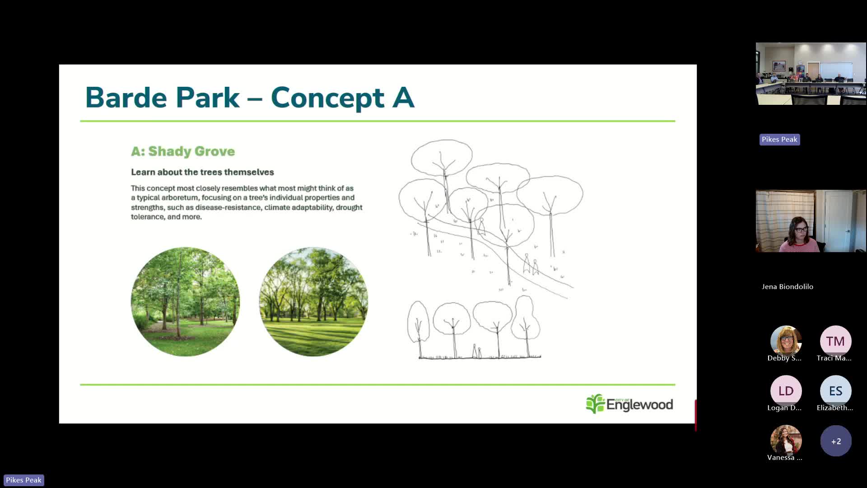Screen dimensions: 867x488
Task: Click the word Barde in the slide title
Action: point(126,98)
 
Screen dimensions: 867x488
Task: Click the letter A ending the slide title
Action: point(403,98)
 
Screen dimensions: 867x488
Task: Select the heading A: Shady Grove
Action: point(183,151)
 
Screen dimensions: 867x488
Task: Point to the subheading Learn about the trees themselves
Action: point(202,172)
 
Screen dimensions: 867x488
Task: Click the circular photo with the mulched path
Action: point(185,301)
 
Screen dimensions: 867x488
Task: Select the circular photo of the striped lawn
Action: point(313,301)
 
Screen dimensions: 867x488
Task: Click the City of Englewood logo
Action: point(629,404)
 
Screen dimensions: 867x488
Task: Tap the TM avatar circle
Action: point(835,341)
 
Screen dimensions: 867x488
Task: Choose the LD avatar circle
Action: point(786,391)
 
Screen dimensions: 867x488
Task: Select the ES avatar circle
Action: point(835,391)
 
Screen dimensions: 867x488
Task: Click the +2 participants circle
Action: point(836,441)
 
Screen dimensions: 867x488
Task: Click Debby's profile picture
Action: point(786,341)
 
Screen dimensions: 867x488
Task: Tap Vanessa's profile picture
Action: point(786,441)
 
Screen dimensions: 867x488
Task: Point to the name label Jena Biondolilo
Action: point(788,286)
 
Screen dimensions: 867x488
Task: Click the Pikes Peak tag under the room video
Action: point(779,140)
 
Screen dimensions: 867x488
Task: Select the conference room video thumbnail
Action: point(811,74)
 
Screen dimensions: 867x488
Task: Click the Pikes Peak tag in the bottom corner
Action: point(23,480)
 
